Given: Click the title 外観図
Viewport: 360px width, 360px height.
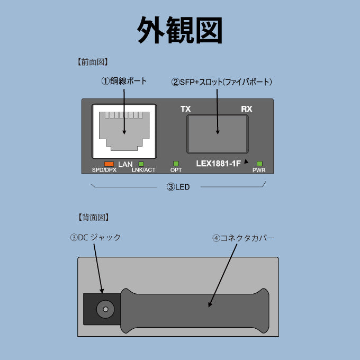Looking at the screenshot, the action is click(179, 30).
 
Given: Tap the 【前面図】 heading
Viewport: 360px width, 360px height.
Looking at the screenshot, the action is click(93, 62).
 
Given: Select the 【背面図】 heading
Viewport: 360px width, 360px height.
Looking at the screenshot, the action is click(93, 217).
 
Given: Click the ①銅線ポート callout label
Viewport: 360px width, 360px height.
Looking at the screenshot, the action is click(124, 81).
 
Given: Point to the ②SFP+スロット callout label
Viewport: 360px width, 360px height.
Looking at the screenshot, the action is click(221, 82).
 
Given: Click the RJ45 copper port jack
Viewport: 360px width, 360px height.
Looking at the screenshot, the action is click(124, 131).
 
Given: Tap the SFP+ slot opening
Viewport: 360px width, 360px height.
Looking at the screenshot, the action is click(218, 134).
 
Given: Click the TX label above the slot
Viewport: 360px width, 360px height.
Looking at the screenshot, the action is click(185, 109).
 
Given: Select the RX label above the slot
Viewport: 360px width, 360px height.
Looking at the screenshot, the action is click(247, 109).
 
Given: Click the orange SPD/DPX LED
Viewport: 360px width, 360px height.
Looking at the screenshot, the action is click(109, 164).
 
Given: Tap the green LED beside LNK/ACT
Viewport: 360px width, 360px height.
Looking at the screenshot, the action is click(141, 164).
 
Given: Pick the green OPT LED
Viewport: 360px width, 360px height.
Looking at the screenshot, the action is click(176, 164).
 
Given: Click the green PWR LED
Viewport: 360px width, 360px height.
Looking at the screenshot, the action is click(259, 164).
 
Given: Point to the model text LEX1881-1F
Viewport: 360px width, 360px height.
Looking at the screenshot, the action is click(218, 164).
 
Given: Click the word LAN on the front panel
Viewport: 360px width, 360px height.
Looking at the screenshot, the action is click(125, 165).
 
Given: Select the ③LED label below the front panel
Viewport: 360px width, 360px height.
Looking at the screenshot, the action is click(178, 187).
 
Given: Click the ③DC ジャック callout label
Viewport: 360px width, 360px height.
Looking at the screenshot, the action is click(95, 237).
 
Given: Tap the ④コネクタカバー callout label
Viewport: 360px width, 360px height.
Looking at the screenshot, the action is click(244, 238).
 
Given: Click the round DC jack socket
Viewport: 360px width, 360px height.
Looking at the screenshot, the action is click(105, 309).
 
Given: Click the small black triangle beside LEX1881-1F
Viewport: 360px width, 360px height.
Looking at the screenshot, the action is click(246, 161).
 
